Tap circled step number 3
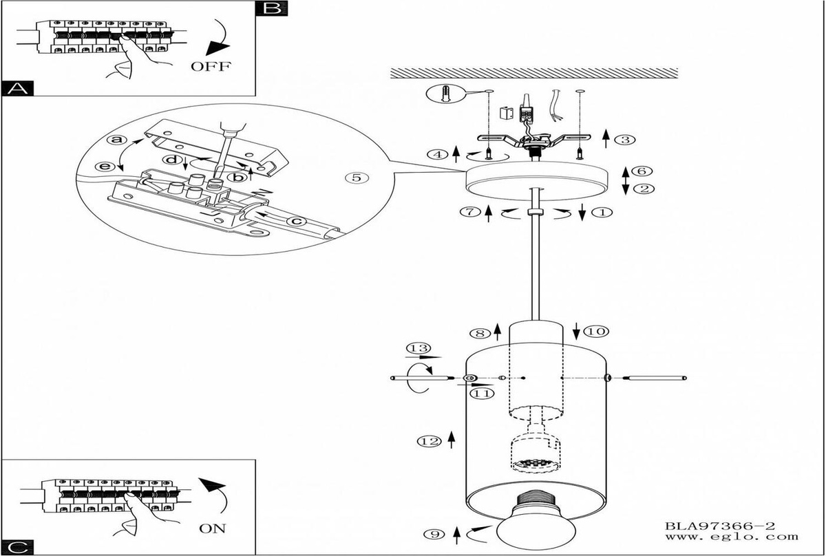[624, 140]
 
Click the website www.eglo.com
[731, 537]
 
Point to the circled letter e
[105, 167]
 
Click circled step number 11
[482, 394]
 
